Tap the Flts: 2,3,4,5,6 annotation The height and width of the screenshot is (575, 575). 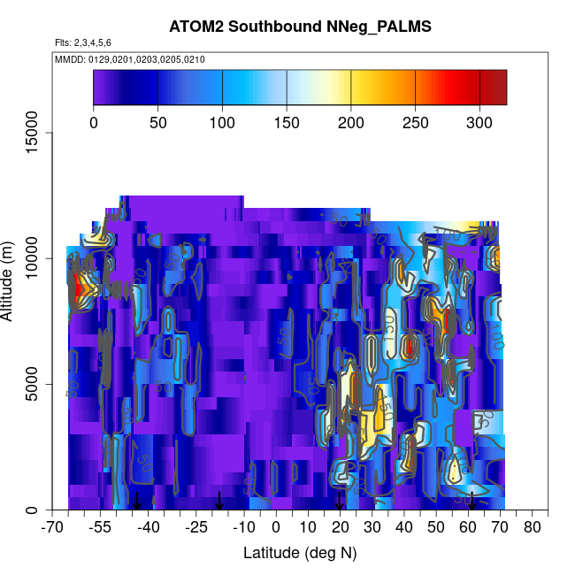click(83, 42)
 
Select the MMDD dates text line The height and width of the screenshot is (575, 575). click(130, 59)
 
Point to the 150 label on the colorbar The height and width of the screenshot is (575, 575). click(287, 122)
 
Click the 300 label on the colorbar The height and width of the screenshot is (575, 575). click(479, 122)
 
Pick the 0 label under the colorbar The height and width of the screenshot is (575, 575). click(94, 122)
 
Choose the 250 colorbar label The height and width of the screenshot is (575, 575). click(415, 122)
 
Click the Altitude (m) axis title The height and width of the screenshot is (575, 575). click(11, 280)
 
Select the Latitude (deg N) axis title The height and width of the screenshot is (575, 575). click(300, 553)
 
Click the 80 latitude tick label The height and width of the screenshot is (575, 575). click(533, 528)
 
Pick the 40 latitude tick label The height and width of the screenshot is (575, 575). click(404, 528)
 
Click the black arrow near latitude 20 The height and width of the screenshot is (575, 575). click(340, 502)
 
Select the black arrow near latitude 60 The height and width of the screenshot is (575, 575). click(471, 501)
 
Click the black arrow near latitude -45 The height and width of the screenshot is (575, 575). click(136, 501)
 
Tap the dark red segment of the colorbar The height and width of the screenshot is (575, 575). click(493, 87)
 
